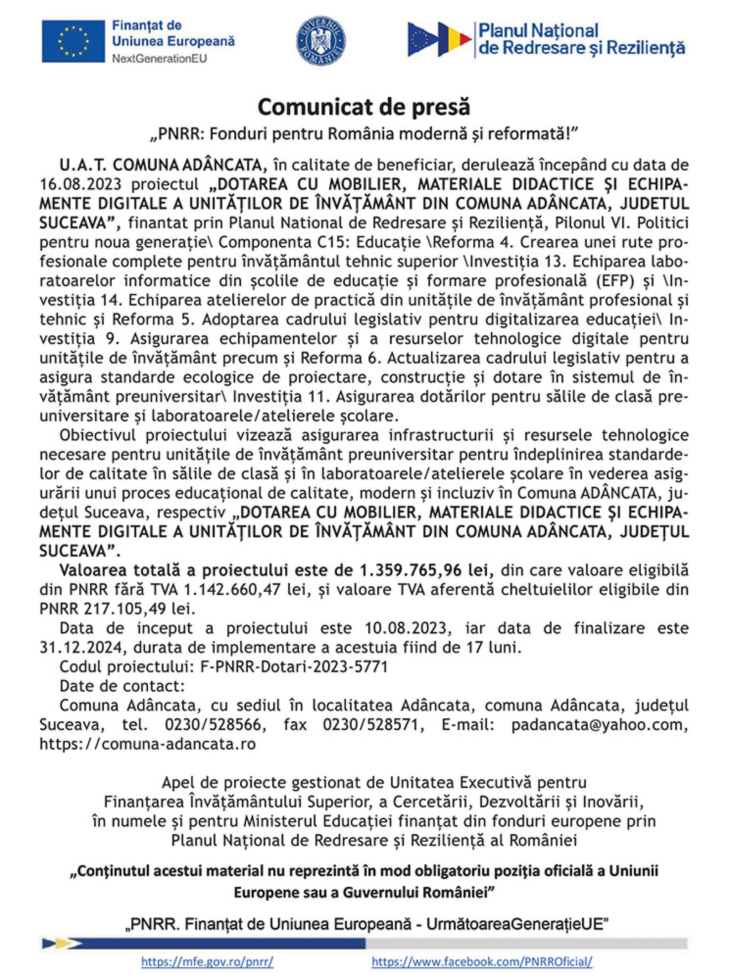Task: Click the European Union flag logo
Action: tap(74, 41)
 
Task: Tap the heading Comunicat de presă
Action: tap(364, 107)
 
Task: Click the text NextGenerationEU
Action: tap(159, 59)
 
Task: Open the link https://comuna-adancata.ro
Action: tap(147, 744)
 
